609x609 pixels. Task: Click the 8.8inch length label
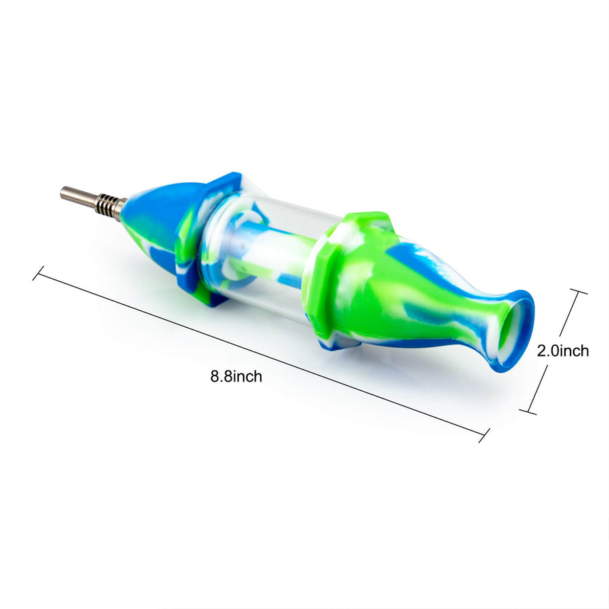(x=236, y=376)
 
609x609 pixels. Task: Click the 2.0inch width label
(x=563, y=351)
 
